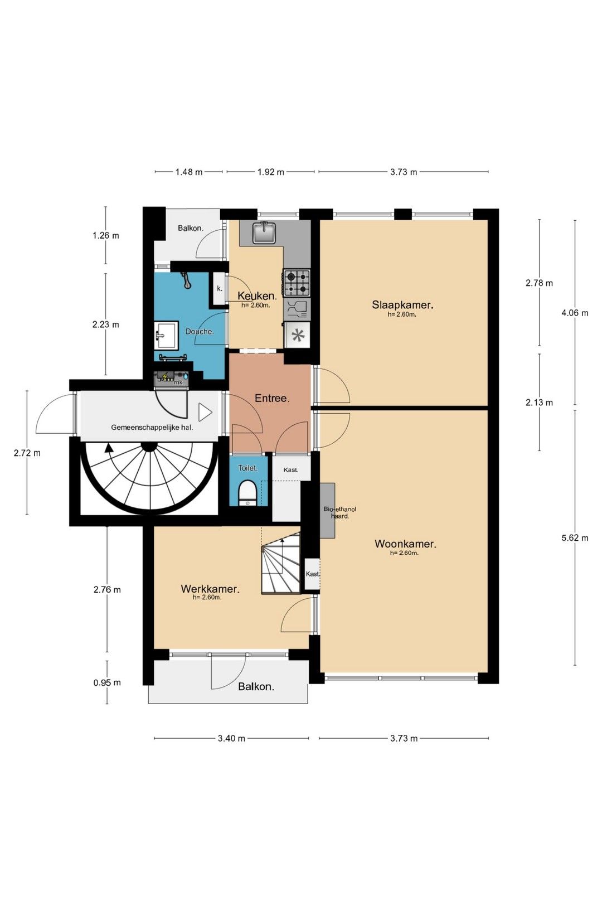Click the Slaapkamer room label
point(402,304)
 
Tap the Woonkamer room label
point(405,543)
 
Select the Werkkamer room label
point(210,589)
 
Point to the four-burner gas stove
point(297,283)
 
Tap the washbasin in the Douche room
point(167,335)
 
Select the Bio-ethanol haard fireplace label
point(339,512)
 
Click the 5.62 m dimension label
point(575,537)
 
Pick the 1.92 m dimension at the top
point(270,172)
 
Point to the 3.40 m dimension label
point(231,738)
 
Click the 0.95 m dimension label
point(107,682)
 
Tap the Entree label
point(272,398)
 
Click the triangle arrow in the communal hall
point(205,413)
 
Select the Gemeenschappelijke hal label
point(152,427)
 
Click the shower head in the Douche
point(186,280)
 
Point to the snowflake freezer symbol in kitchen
point(298,335)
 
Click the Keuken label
point(257,295)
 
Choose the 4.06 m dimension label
point(575,313)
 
